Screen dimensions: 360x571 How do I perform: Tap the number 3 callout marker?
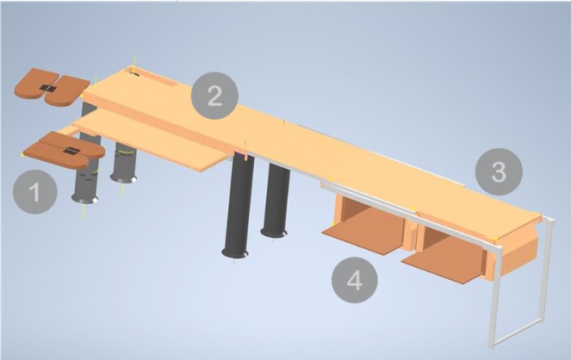tap(499, 172)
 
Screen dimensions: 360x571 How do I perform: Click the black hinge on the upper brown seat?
tap(48, 89)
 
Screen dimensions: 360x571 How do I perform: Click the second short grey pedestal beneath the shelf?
tap(126, 164)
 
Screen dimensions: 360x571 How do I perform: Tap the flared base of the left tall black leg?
tap(235, 252)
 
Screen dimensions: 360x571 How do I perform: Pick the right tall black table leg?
tap(277, 200)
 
